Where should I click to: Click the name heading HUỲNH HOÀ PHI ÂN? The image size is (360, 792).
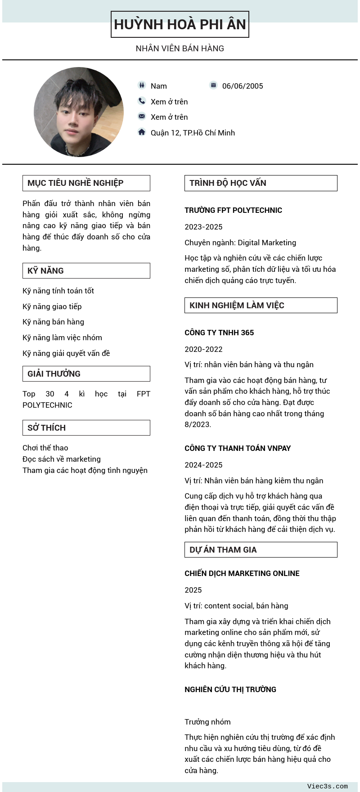pos(180,24)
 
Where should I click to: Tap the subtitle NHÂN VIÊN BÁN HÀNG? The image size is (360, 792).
pos(180,49)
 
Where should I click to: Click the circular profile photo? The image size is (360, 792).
pos(79,112)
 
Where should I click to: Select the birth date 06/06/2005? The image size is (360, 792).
pos(243,86)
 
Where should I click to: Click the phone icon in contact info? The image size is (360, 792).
pos(142,101)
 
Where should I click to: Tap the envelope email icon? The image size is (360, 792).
pos(142,117)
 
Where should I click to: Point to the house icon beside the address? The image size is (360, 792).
pos(142,132)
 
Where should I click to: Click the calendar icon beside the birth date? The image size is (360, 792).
pos(213,85)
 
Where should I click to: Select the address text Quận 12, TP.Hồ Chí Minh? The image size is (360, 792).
pos(193,133)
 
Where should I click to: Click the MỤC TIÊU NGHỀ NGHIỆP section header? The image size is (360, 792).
pos(86,183)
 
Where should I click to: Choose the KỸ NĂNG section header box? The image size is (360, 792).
pos(86,271)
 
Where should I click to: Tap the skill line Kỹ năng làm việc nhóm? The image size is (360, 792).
pos(62,337)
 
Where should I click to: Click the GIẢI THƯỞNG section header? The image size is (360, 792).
pos(86,374)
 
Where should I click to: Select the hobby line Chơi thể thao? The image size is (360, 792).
pos(45,448)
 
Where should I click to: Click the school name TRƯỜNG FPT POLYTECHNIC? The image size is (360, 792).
pos(233,210)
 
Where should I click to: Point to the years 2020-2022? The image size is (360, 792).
pos(203,349)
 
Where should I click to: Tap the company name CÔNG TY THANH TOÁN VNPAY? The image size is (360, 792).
pos(238,448)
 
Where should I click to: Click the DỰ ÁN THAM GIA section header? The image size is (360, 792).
pos(261,550)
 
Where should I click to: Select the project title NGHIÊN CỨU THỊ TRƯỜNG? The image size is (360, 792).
pos(230,689)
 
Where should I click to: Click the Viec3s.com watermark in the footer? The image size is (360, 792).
pos(327,786)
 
